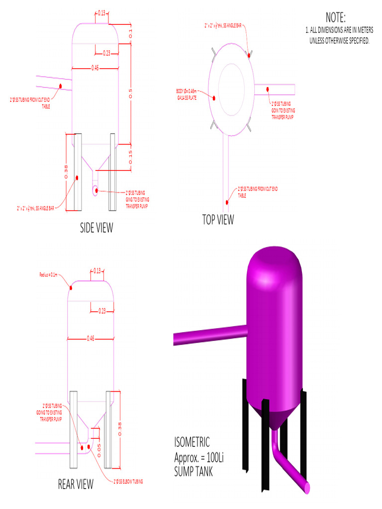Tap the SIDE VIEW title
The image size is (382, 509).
click(x=96, y=228)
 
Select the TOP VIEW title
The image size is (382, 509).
click(x=218, y=219)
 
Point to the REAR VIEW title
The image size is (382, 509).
click(x=76, y=485)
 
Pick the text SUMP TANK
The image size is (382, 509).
click(x=193, y=471)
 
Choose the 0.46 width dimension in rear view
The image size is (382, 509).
click(x=91, y=338)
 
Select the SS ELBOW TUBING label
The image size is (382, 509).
click(x=128, y=482)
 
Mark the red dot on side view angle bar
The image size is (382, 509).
click(x=77, y=177)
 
